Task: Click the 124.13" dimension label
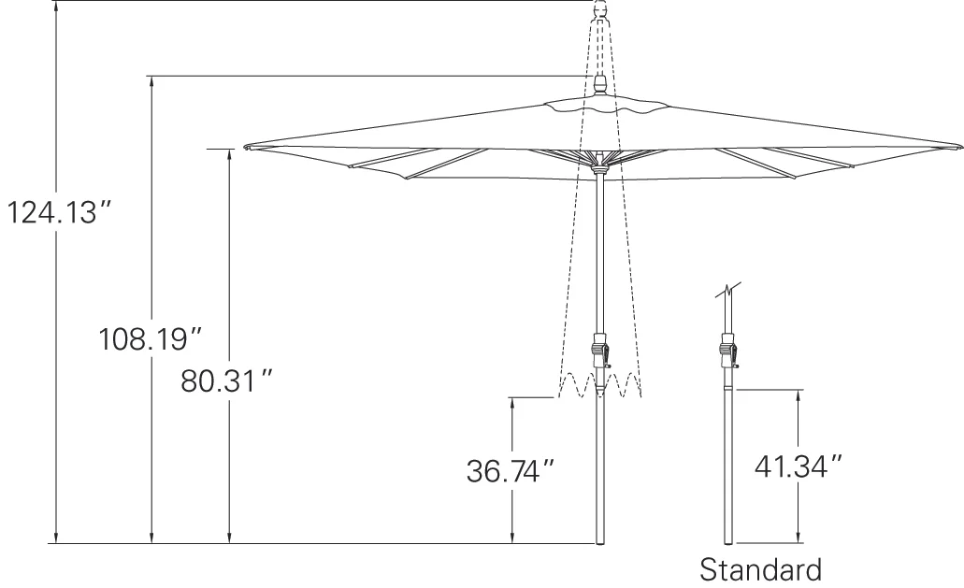pos(60,212)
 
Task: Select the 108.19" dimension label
pos(151,338)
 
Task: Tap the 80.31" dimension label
pos(226,381)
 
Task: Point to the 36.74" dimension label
pos(511,471)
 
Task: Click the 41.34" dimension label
pos(798,466)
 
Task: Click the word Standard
pos(761,569)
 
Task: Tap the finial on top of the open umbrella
pos(598,85)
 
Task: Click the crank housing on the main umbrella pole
pos(600,351)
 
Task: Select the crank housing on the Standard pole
pos(728,351)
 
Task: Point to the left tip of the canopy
pos(245,148)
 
